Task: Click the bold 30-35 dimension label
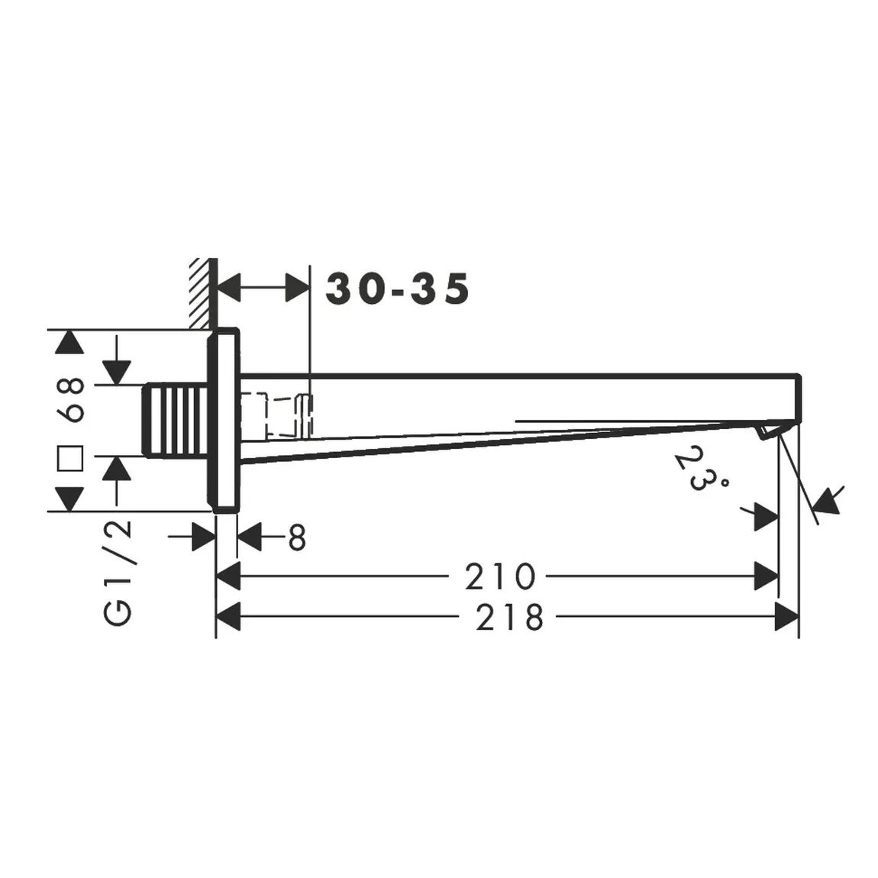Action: [398, 289]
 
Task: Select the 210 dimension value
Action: [500, 576]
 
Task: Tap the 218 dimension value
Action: [509, 617]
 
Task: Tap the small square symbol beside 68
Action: [70, 459]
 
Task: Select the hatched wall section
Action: [202, 293]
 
